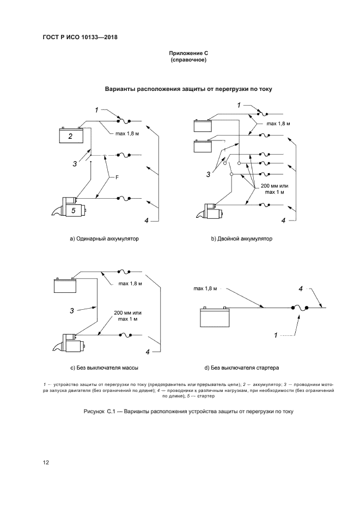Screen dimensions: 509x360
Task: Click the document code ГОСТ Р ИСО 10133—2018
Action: tap(80, 38)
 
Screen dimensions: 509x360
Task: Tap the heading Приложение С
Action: tap(188, 53)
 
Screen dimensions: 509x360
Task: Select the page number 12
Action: tap(46, 462)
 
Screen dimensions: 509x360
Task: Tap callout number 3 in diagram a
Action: tap(75, 162)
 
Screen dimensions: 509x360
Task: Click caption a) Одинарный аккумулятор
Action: tap(101, 238)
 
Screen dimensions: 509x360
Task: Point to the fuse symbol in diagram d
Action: tap(300, 309)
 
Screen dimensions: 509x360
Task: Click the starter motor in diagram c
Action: tap(71, 344)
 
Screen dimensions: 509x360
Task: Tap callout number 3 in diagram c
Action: tap(71, 311)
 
